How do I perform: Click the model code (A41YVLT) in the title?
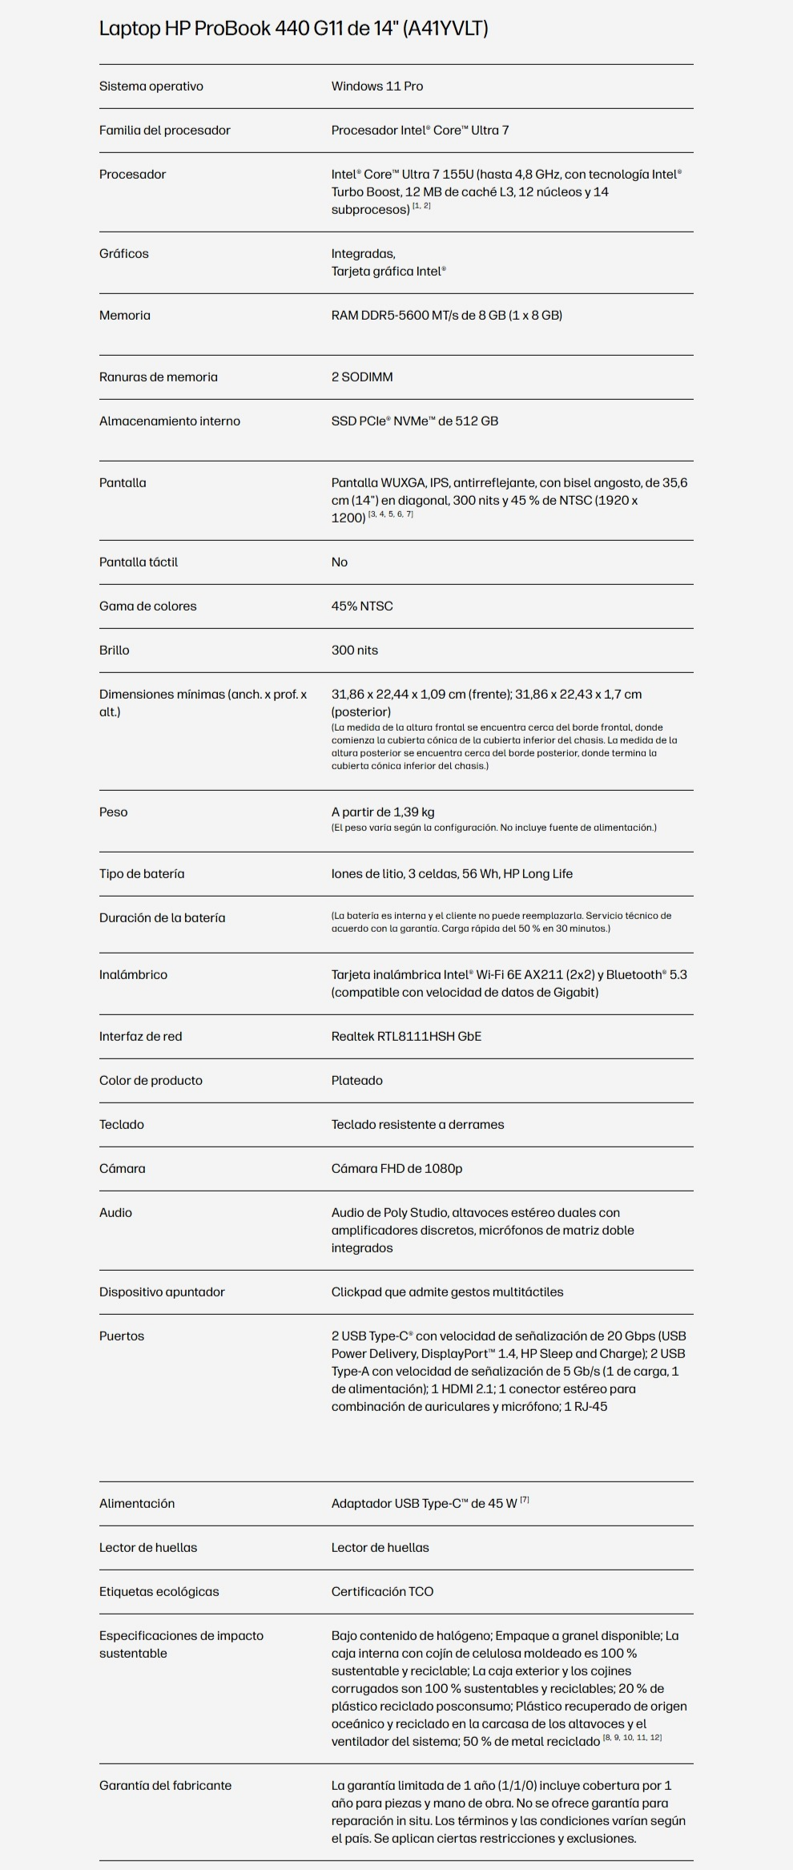445,28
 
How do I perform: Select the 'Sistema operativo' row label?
151,86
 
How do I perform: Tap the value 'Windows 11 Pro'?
377,86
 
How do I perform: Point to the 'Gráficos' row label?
124,253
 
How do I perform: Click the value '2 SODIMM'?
362,377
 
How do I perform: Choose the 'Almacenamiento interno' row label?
170,421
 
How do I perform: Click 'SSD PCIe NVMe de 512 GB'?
415,421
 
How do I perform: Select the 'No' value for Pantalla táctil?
340,562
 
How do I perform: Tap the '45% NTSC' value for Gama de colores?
362,606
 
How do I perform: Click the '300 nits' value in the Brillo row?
355,650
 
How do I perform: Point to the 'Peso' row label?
114,812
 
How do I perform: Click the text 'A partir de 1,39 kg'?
383,812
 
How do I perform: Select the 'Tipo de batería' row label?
142,873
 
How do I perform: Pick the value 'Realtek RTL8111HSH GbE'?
407,1036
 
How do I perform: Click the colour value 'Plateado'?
357,1080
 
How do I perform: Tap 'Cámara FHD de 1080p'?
397,1168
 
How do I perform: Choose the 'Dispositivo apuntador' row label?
162,1292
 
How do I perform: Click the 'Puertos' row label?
122,1336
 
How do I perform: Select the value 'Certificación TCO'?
382,1591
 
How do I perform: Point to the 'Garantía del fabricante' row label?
165,1785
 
